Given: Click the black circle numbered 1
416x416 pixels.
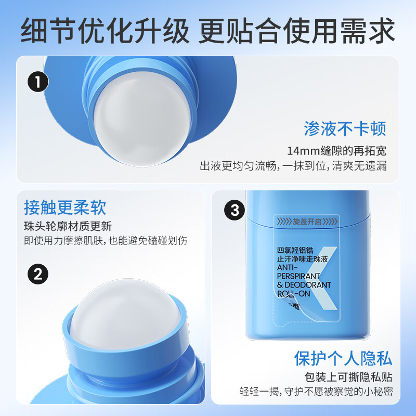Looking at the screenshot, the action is tap(38, 82).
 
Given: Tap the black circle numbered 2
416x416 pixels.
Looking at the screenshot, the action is tap(38, 274).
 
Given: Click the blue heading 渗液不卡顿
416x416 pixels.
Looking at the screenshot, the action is tap(345, 129).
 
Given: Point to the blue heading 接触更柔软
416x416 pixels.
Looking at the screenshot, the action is tap(65, 207).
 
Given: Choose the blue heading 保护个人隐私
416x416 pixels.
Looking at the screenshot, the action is tap(343, 358).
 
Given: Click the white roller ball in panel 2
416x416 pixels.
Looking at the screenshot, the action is tap(125, 313).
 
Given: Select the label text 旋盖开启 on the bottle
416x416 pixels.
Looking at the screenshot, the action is tap(307, 222).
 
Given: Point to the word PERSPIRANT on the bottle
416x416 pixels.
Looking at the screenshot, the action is tap(298, 276).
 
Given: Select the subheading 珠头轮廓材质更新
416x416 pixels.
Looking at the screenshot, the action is tap(68, 226).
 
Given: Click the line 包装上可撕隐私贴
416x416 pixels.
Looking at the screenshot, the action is tap(348, 377).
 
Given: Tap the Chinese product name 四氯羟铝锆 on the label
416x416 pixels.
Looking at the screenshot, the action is tap(295, 250).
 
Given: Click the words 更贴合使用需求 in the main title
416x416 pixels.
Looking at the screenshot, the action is tap(296, 31).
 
